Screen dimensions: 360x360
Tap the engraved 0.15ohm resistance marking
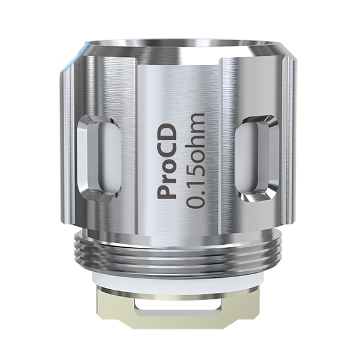click(x=196, y=160)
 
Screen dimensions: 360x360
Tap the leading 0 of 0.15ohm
click(x=196, y=202)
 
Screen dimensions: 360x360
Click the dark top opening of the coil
click(x=180, y=46)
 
